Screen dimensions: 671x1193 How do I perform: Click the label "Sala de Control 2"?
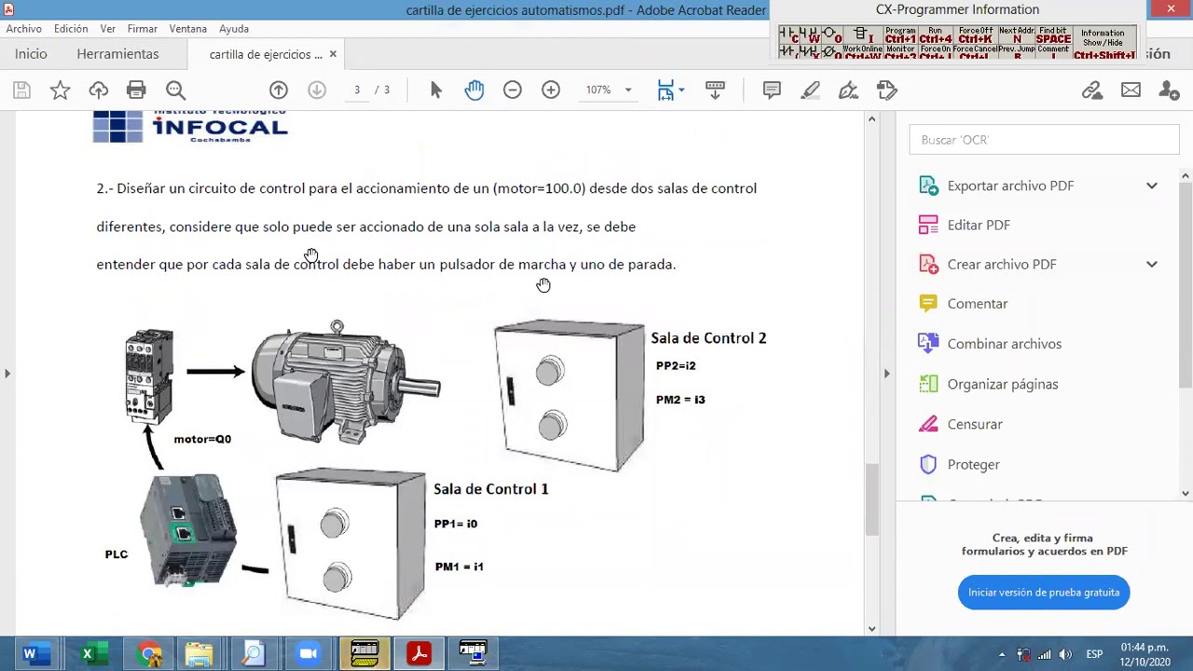click(x=708, y=338)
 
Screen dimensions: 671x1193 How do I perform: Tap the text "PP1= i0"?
click(x=456, y=524)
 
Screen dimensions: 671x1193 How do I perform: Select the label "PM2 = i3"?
click(x=680, y=400)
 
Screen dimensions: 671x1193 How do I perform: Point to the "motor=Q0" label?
click(x=202, y=439)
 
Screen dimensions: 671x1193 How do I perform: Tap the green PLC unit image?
click(x=188, y=528)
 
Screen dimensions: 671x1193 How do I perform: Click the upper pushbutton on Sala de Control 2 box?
click(x=550, y=371)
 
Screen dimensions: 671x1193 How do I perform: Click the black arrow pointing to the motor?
click(x=214, y=372)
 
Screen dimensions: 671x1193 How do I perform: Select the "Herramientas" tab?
click(x=117, y=54)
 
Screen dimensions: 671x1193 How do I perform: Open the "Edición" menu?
click(x=71, y=29)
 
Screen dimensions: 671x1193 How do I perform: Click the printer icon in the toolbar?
click(x=136, y=90)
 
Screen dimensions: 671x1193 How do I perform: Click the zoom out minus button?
click(x=513, y=90)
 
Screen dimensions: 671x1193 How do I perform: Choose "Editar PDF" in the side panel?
click(x=979, y=226)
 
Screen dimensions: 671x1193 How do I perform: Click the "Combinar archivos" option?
click(x=1004, y=344)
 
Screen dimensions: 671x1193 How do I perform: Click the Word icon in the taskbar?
click(x=30, y=654)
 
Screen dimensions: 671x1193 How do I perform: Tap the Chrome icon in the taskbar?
click(x=150, y=654)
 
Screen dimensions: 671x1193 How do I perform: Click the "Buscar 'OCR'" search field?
click(x=1044, y=140)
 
